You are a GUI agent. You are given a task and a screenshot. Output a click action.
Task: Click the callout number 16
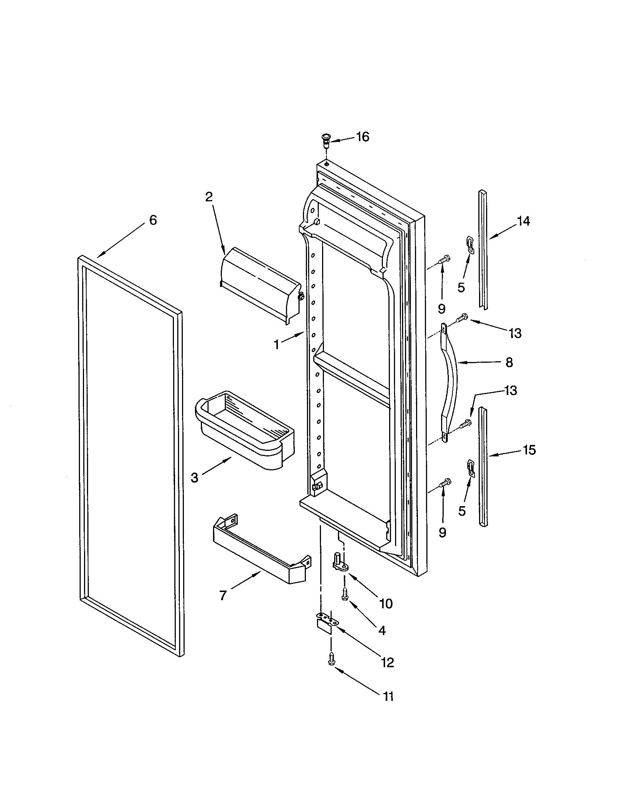pos(363,137)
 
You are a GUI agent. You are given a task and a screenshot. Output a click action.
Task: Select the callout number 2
pos(209,197)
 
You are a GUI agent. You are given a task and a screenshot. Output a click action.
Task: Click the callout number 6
pos(153,220)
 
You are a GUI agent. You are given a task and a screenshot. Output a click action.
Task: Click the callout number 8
pos(509,362)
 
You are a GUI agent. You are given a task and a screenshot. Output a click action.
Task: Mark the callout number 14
pos(523,221)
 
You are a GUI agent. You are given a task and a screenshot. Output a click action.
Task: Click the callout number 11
pos(388,697)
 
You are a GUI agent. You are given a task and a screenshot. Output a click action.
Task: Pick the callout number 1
pos(276,345)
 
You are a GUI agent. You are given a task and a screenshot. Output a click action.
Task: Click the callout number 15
pos(529,450)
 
